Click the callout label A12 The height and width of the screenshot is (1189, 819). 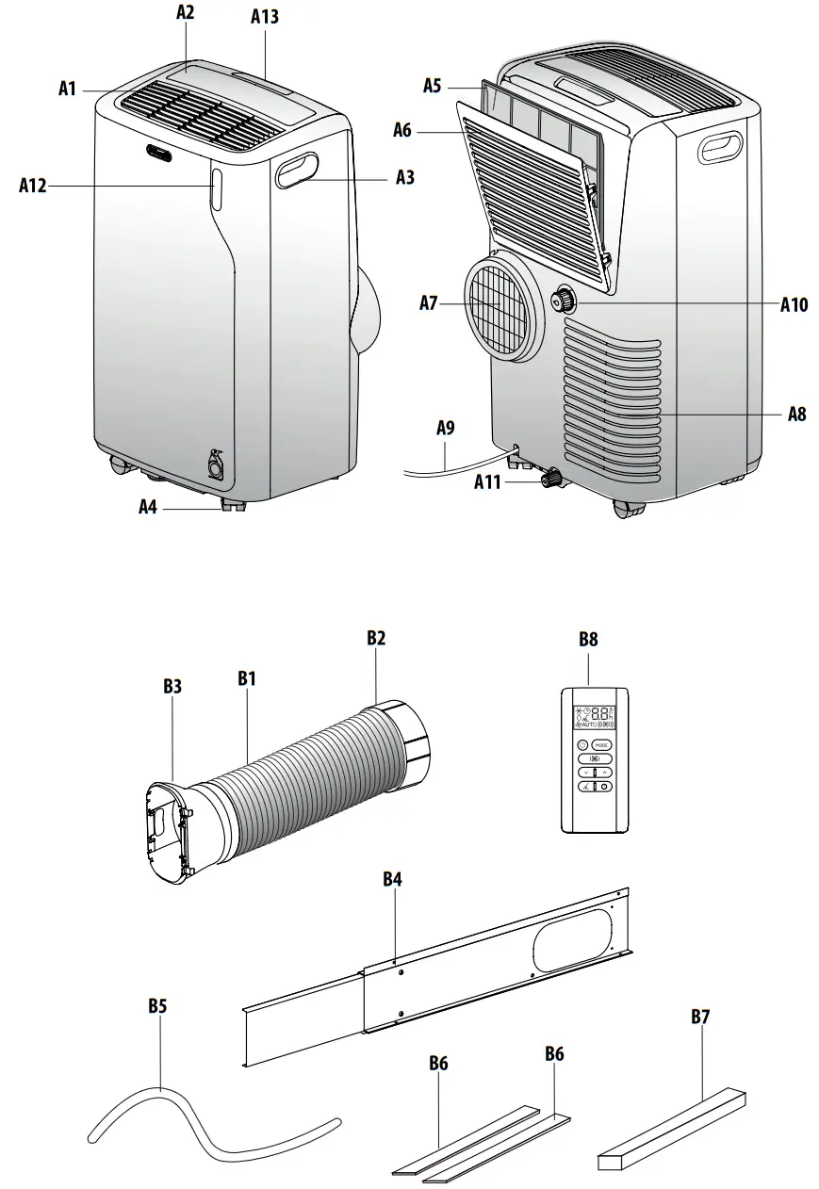click(x=32, y=187)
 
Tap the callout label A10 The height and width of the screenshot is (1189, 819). click(x=794, y=304)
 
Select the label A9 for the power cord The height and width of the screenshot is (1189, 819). click(x=445, y=428)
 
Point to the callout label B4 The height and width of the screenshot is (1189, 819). click(x=393, y=879)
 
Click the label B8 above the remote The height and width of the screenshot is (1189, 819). click(x=588, y=638)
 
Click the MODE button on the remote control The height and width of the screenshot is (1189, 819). click(x=601, y=744)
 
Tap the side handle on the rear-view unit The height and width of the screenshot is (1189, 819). click(x=723, y=146)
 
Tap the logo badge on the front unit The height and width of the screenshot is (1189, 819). click(x=158, y=151)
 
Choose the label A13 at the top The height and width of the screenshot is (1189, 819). click(x=265, y=17)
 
